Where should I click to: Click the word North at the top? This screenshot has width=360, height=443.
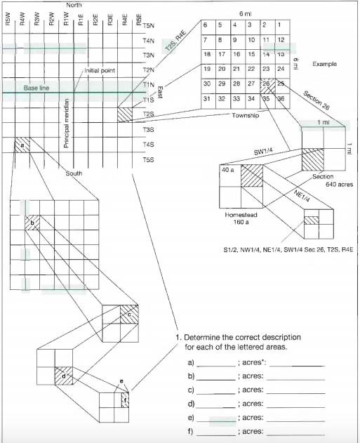pos(74,6)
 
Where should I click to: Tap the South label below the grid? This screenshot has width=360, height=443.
pos(74,173)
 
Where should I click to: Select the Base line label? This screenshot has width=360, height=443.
pos(36,88)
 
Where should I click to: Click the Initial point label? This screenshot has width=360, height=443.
pos(99,71)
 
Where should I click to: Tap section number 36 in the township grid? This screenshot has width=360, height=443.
pos(280,99)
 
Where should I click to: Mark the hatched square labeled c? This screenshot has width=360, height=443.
pos(128,315)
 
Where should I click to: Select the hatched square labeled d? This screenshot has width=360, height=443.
pos(65,376)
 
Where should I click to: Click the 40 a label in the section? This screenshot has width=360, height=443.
pos(228,170)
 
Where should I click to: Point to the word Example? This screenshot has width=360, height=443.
pos(324,63)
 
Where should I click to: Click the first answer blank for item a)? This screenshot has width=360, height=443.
pos(215,365)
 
